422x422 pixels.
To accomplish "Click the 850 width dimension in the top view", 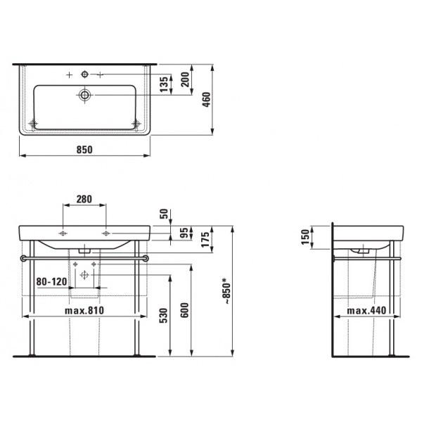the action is point(84,150).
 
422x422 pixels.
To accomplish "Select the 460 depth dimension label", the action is point(206,99).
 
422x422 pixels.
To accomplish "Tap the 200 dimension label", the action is point(185,79).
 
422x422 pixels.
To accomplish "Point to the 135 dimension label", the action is point(164,84).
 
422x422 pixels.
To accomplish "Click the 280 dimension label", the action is point(84,199).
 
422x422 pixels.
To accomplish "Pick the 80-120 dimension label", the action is point(51,282).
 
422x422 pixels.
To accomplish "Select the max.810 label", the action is point(84,311).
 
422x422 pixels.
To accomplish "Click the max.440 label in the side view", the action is point(366,311).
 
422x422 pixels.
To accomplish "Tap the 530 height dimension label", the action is point(164,315).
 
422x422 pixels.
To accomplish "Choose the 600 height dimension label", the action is point(184,310).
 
